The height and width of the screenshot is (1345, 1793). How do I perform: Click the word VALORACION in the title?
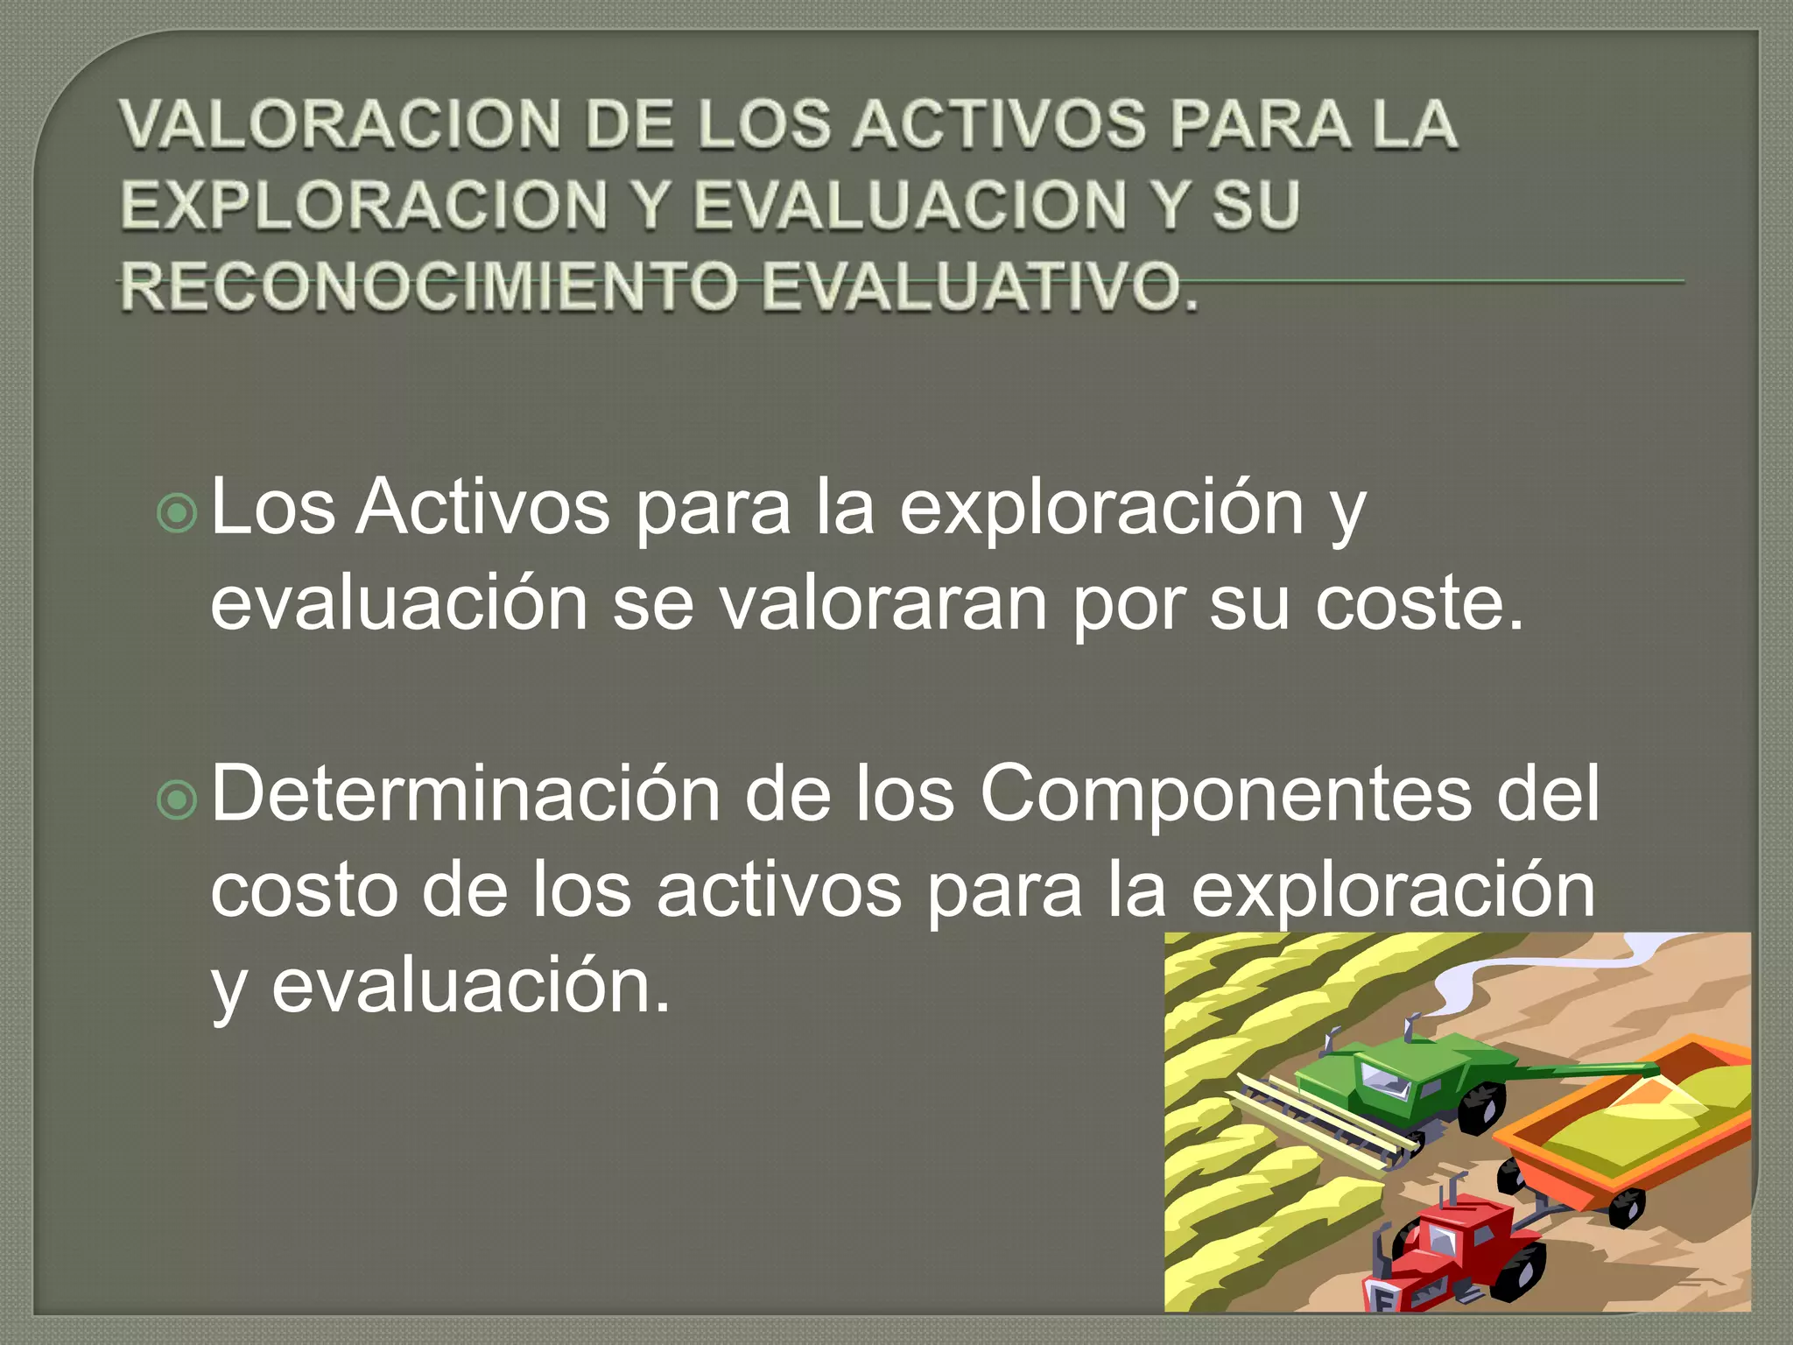coord(341,124)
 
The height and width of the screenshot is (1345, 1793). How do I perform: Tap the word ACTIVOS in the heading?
coord(998,124)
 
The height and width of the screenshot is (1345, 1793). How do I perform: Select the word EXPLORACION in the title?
coord(364,206)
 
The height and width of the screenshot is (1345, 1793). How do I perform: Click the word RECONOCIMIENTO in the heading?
coord(428,286)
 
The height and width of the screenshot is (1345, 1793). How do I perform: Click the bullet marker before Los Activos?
coord(178,514)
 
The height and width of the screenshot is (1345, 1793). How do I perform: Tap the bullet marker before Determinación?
coord(178,799)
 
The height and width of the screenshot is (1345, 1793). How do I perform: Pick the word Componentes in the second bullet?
coord(1226,794)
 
